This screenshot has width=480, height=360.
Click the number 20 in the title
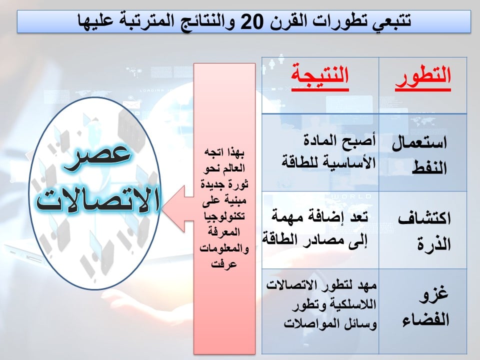click(251, 21)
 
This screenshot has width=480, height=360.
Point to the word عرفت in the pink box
click(224, 264)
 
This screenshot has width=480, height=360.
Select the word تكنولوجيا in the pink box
click(224, 216)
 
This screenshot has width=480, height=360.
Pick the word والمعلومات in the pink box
click(224, 248)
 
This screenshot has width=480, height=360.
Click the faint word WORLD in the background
click(352, 196)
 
